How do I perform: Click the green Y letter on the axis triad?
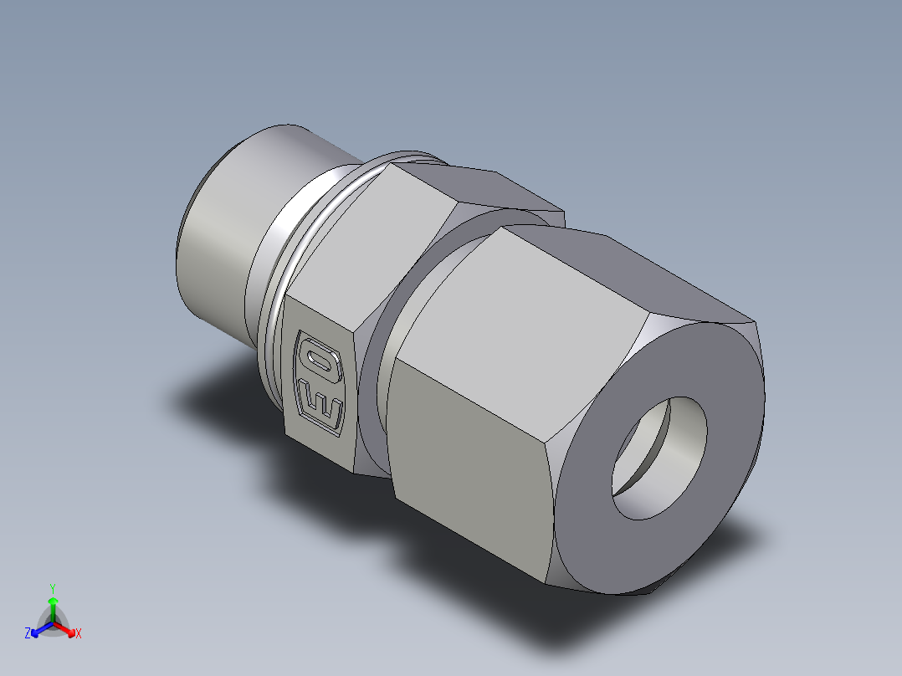pyautogui.click(x=53, y=587)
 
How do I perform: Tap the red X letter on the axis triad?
pyautogui.click(x=79, y=634)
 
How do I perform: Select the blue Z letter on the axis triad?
pyautogui.click(x=28, y=634)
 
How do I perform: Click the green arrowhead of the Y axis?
pyautogui.click(x=53, y=602)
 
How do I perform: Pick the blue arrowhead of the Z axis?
pyautogui.click(x=36, y=630)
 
